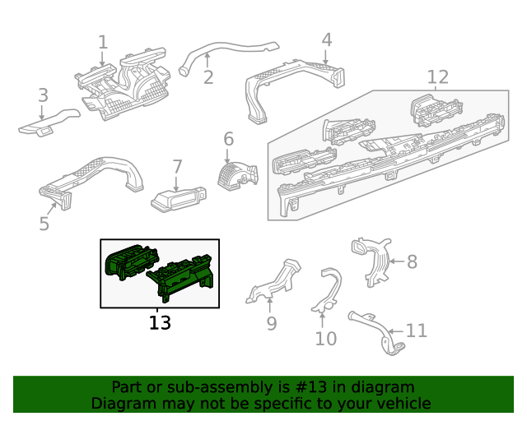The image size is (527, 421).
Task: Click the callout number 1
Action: click(103, 42)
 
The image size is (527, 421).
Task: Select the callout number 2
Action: click(208, 77)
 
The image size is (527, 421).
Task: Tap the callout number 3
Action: click(43, 95)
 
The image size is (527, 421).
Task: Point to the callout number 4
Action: click(326, 39)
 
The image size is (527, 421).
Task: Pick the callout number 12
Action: click(438, 77)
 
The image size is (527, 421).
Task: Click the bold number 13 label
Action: click(160, 322)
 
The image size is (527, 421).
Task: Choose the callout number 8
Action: click(412, 261)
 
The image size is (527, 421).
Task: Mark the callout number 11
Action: click(417, 331)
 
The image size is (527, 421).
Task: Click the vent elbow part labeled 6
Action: click(236, 173)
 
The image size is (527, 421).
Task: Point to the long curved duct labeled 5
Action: click(91, 174)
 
